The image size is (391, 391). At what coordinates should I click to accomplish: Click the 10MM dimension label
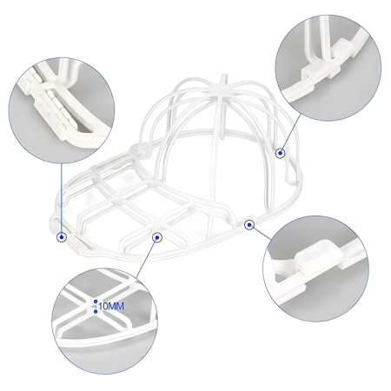click(x=110, y=307)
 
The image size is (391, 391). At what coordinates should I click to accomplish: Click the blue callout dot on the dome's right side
click(x=281, y=153)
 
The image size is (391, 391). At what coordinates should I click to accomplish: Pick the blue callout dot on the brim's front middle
click(x=156, y=235)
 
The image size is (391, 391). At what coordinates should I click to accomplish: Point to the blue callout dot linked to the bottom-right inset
click(x=249, y=224)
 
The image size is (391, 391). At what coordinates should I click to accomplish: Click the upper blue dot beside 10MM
click(x=96, y=302)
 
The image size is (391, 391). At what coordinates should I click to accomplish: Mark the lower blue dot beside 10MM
click(x=96, y=311)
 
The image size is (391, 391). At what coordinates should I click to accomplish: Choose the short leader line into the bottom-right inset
click(x=257, y=229)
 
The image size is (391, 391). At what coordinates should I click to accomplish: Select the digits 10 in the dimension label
click(x=103, y=307)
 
